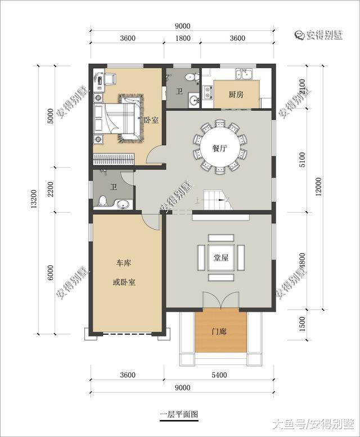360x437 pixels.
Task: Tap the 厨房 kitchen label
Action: (236, 94)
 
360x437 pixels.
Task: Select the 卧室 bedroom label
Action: (151, 120)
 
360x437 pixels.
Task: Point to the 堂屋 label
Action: (220, 258)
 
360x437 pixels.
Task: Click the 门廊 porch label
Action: (220, 332)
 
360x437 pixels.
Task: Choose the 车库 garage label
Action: (124, 263)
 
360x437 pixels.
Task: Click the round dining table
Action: (220, 146)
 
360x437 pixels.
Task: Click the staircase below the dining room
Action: (217, 199)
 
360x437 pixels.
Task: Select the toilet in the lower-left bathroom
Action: (102, 201)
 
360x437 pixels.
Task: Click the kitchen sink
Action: (246, 74)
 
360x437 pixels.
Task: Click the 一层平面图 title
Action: (179, 415)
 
